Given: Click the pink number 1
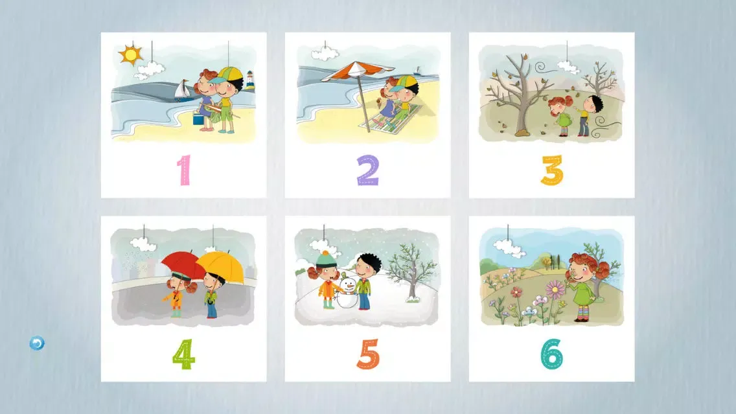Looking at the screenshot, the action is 184,170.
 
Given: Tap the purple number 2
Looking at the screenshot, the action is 367,170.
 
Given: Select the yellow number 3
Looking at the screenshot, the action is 552,170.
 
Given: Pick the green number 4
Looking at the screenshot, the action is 183,354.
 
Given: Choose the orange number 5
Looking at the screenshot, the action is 368,354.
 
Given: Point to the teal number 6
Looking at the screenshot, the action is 552,354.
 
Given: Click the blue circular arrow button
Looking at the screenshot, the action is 37,343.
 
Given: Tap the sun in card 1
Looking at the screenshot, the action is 130,54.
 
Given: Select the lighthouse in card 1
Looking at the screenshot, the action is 249,80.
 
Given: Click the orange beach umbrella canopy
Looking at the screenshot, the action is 357,71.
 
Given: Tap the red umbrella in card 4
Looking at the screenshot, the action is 183,264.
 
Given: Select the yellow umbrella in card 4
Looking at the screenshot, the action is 221,267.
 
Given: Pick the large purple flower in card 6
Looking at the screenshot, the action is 555,289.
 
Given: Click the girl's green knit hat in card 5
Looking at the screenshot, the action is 325,259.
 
